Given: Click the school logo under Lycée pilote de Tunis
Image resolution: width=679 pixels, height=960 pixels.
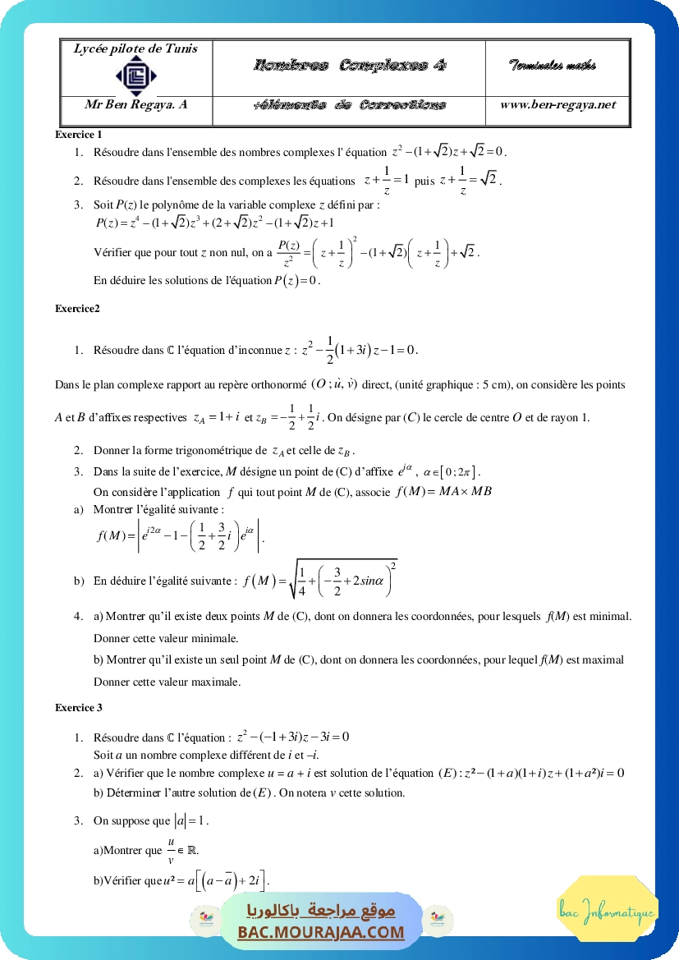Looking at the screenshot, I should click(x=135, y=76).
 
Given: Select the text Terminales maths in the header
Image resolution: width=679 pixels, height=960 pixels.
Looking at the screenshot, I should click(x=552, y=66).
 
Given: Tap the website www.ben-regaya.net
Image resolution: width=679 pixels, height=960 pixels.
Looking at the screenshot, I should click(x=557, y=104).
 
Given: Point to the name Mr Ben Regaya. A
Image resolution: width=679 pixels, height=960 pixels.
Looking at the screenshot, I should click(x=136, y=104).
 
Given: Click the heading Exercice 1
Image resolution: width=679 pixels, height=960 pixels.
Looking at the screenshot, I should click(x=79, y=134).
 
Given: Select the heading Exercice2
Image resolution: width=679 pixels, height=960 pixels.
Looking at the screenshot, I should click(x=77, y=309).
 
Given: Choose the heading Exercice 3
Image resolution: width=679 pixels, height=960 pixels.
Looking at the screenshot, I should click(x=79, y=707).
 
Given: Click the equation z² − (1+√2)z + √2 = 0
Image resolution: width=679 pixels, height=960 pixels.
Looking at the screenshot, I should click(x=449, y=151).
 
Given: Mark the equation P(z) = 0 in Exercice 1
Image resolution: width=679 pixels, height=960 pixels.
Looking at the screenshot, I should click(x=296, y=281).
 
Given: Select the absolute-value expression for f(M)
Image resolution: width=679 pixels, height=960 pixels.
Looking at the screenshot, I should click(x=181, y=535).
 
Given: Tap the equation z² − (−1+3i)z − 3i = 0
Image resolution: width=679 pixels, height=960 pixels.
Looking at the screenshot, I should click(x=293, y=737).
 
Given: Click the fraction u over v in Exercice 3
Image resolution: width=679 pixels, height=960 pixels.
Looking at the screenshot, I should click(x=172, y=850).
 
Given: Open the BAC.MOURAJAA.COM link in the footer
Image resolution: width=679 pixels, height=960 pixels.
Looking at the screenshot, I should click(x=321, y=932).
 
